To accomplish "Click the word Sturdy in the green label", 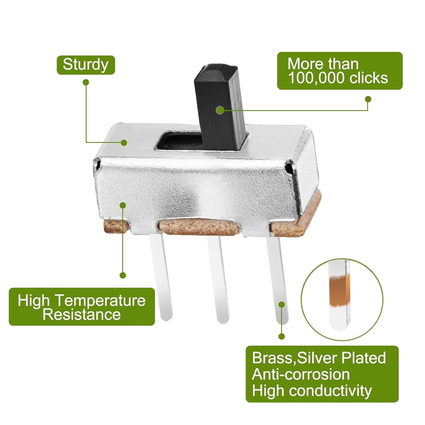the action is tap(86, 65).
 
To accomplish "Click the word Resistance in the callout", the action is tap(82, 314).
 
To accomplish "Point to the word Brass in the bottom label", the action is tap(272, 358).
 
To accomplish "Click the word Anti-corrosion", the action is tap(301, 374).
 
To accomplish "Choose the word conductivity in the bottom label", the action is tap(331, 391).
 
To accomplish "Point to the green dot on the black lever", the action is tap(220, 110).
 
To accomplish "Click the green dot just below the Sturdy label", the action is tap(86, 83).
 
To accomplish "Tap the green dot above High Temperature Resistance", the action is tap(123, 275).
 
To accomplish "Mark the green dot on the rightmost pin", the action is tap(281, 305).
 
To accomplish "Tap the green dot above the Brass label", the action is tap(281, 336).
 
